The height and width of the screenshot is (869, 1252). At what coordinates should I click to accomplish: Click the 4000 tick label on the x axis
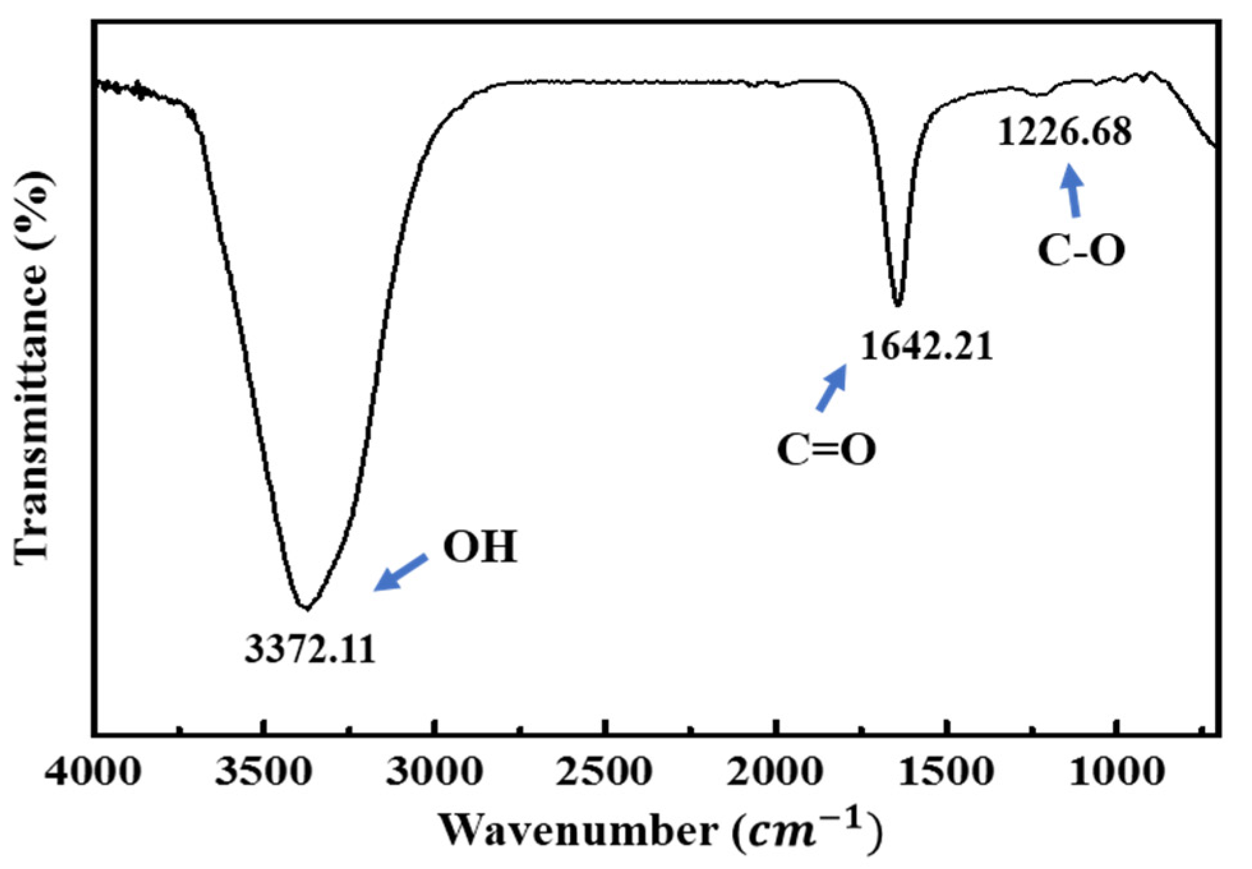coord(93,773)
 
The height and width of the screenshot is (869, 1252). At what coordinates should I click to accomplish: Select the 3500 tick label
coord(263,773)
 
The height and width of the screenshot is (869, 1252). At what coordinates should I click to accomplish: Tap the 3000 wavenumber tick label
coord(434,773)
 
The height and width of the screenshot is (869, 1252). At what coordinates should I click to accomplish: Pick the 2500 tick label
coord(604,773)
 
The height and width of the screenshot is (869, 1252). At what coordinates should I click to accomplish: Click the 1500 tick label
coord(946,773)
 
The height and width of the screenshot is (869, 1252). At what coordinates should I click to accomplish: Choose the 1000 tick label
coord(1117,773)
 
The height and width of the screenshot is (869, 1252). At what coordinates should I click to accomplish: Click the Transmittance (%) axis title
coord(32,367)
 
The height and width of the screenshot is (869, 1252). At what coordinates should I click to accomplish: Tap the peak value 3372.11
coord(310,650)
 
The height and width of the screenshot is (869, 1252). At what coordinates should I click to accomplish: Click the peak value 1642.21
coord(926,347)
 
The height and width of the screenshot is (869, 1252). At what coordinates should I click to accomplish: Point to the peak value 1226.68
coord(1064,132)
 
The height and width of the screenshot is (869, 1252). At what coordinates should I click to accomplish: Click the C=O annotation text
coord(826,450)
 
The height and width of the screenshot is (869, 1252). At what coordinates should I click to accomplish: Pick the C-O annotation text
coord(1081,250)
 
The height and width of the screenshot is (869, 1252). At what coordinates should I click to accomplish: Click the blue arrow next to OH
coord(400,572)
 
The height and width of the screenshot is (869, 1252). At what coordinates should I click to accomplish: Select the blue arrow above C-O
coord(1073,190)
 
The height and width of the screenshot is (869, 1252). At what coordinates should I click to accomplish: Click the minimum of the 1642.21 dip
coord(898,305)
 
